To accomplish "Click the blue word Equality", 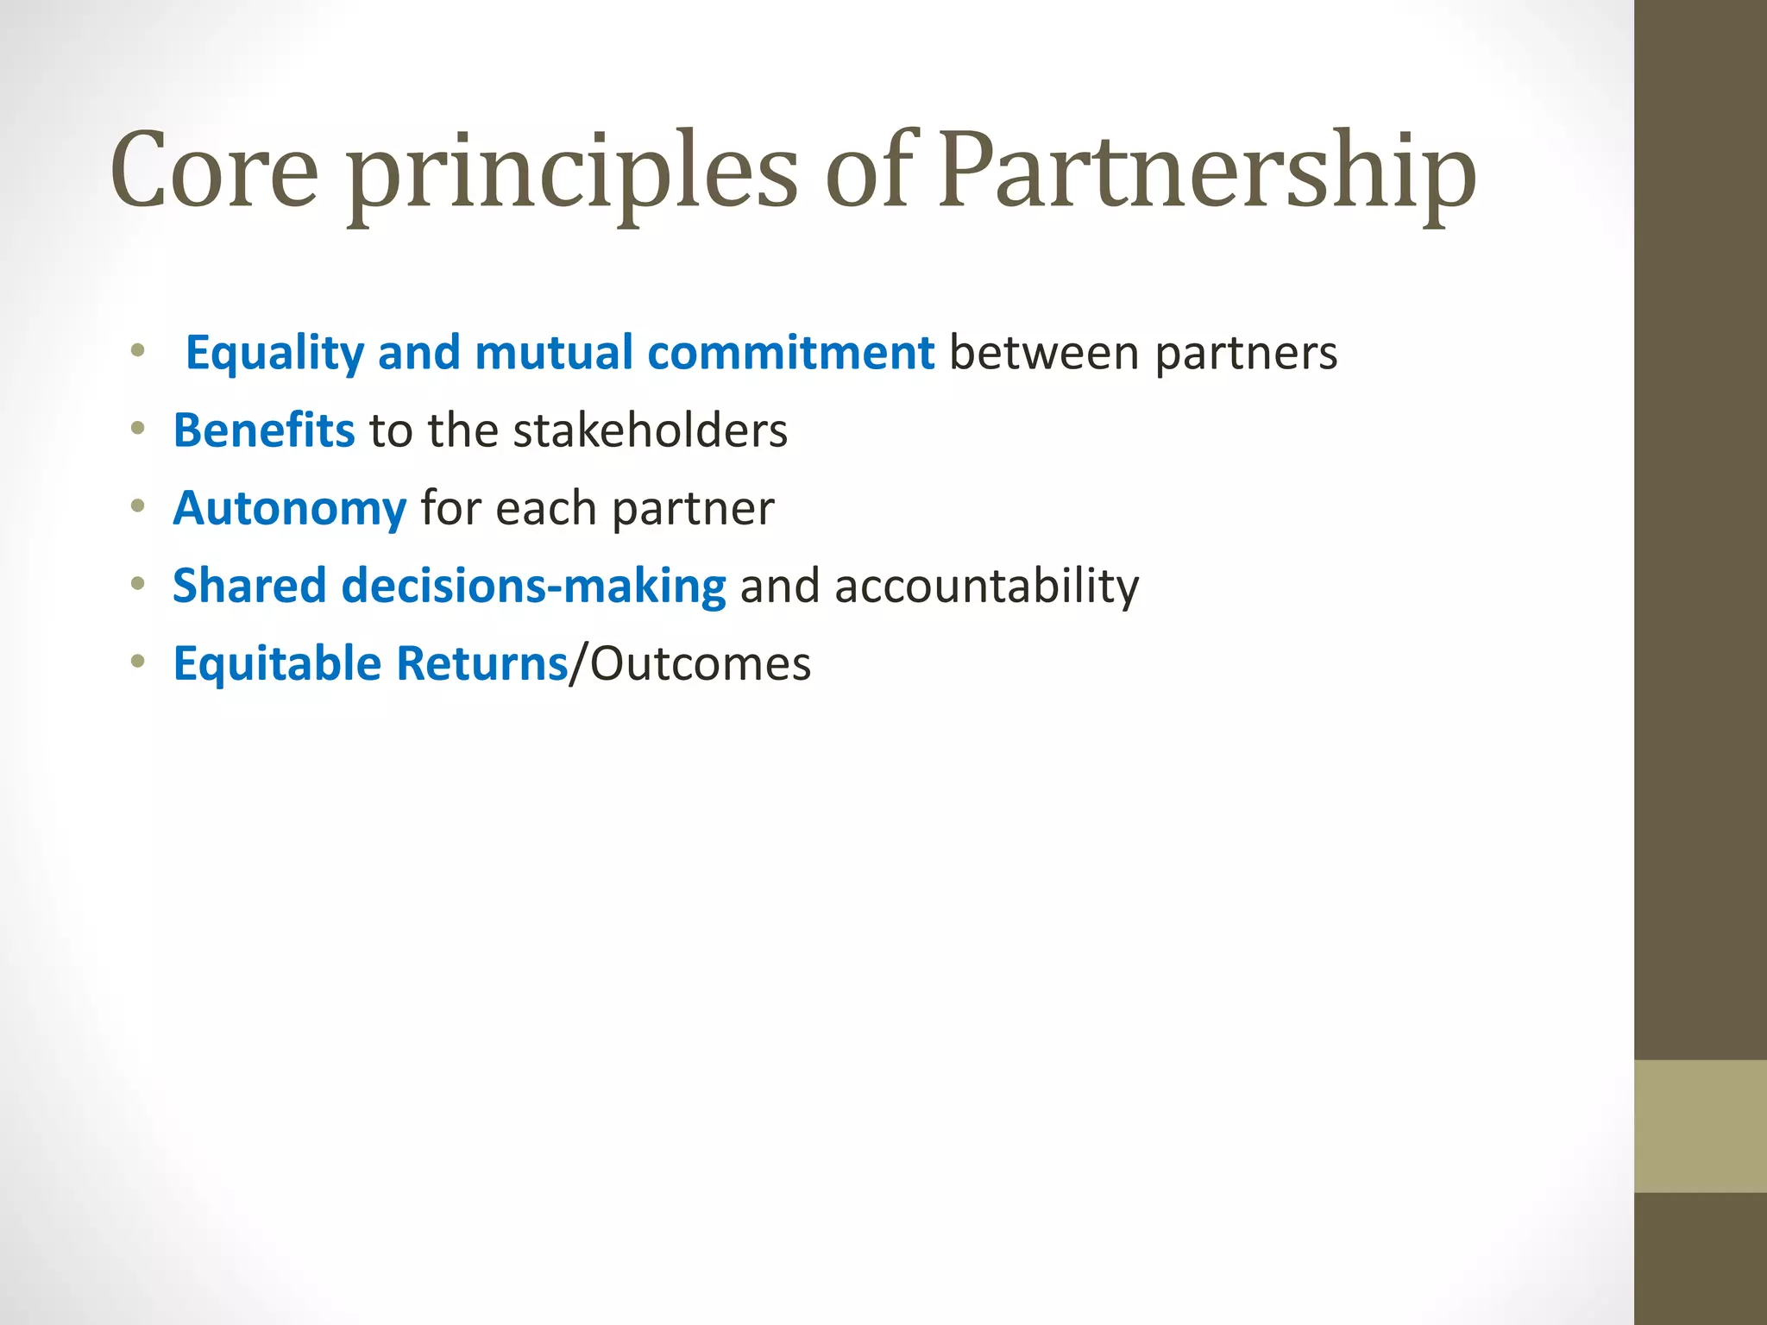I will pyautogui.click(x=274, y=354).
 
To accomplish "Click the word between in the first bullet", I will pyautogui.click(x=1044, y=353).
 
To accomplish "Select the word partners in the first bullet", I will pyautogui.click(x=1246, y=355).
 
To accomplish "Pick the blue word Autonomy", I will pyautogui.click(x=290, y=509).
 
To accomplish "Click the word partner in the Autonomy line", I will pyautogui.click(x=693, y=509).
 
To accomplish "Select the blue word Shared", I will pyautogui.click(x=249, y=586).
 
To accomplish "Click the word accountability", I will pyautogui.click(x=986, y=587).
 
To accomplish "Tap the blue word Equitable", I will pyautogui.click(x=277, y=663).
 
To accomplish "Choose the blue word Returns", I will pyautogui.click(x=482, y=663).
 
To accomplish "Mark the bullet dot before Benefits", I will pyautogui.click(x=138, y=428).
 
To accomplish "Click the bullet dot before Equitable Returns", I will pyautogui.click(x=138, y=662).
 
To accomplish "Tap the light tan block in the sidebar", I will pyautogui.click(x=1701, y=1126).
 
